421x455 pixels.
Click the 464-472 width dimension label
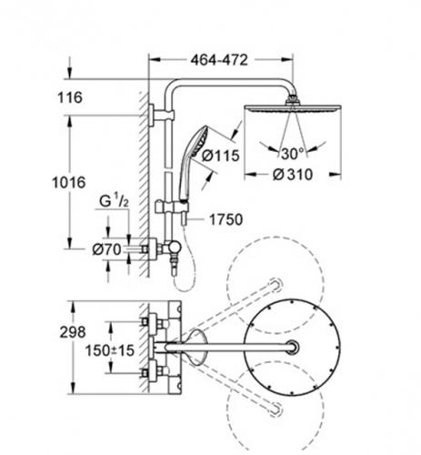219,60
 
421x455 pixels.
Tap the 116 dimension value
70,97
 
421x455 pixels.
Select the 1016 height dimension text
69,183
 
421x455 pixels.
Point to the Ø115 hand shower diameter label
221,156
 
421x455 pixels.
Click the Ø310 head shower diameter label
293,175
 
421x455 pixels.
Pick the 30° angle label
292,154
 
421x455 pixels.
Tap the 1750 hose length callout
226,219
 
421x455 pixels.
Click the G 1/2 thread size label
114,201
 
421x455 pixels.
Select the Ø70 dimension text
106,249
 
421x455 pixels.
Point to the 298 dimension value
73,332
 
